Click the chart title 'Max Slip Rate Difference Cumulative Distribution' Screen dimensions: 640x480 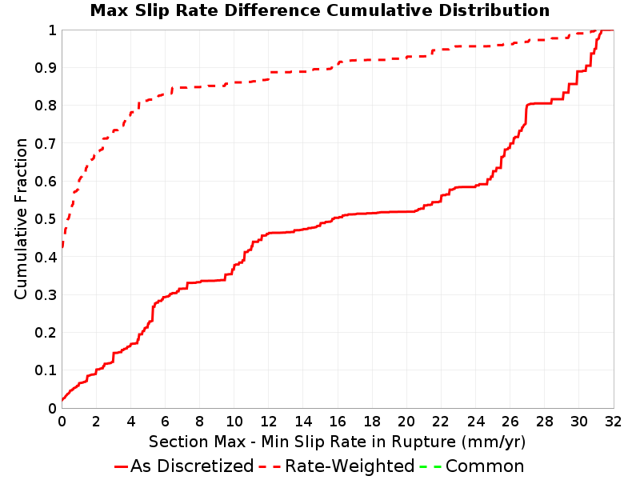[x=319, y=10]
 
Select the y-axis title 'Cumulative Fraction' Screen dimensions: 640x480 [x=21, y=218]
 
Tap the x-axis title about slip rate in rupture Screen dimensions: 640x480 [x=337, y=442]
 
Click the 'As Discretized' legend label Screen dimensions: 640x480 [x=192, y=466]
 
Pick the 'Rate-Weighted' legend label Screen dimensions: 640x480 [x=350, y=466]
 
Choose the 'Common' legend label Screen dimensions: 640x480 [x=485, y=466]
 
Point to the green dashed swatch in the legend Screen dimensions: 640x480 [x=430, y=466]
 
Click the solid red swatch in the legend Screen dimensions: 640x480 [x=122, y=466]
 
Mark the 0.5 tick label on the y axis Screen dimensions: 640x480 [x=46, y=219]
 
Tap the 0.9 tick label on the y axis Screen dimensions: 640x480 [x=46, y=68]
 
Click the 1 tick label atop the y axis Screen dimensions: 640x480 [x=52, y=30]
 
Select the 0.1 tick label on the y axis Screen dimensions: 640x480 [x=46, y=370]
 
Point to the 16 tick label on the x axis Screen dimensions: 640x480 [x=338, y=422]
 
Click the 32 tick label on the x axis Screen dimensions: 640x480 [x=613, y=422]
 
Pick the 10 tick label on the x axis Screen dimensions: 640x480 [x=234, y=422]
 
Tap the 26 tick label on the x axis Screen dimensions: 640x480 [x=510, y=422]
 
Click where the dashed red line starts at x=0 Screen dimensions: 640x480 [x=62, y=247]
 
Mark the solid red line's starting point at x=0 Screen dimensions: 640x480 [x=62, y=400]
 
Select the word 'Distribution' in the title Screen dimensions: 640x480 [x=494, y=10]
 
